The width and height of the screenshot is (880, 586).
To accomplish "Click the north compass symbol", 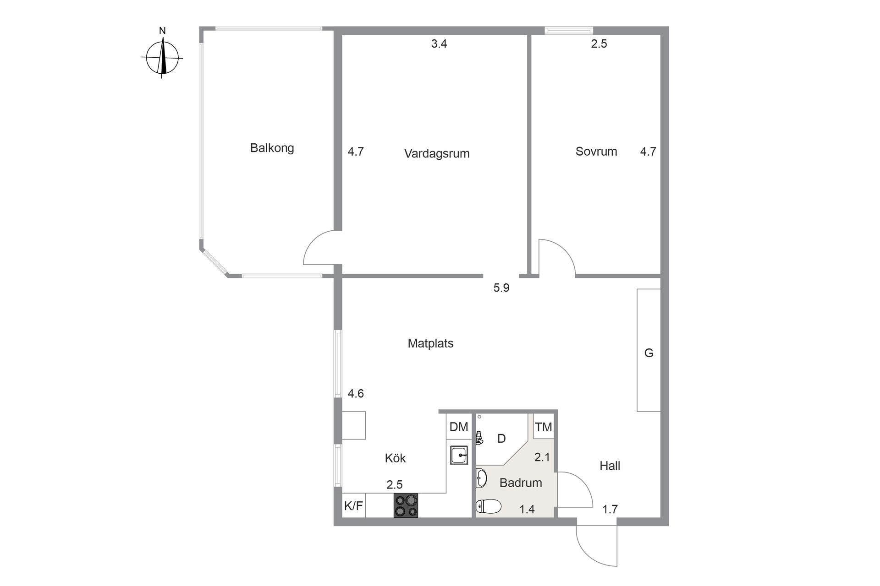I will point(162,58).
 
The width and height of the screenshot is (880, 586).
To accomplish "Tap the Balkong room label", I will point(272,148).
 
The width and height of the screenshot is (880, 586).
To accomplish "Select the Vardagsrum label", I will point(436,153).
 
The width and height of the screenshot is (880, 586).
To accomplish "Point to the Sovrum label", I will point(596,152).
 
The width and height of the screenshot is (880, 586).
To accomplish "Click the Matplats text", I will point(430,343).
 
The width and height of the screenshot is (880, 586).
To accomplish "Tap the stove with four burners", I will point(406,505).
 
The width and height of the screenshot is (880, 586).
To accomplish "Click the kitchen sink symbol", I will point(458,455).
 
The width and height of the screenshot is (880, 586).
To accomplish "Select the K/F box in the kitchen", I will point(353,506).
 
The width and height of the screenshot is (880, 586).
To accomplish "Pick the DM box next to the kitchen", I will point(458,427).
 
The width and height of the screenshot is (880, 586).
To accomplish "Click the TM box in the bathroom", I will point(543,427).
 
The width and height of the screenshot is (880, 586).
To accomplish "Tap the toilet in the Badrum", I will point(489,506).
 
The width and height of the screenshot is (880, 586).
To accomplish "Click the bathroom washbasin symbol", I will point(481,478).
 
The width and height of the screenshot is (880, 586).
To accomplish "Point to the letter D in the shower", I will point(501,439).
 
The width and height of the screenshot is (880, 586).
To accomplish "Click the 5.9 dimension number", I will point(501,288).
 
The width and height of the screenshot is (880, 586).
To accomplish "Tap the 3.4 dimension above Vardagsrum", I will point(439,44).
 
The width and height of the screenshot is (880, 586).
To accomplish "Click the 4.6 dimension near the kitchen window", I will point(356,394).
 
